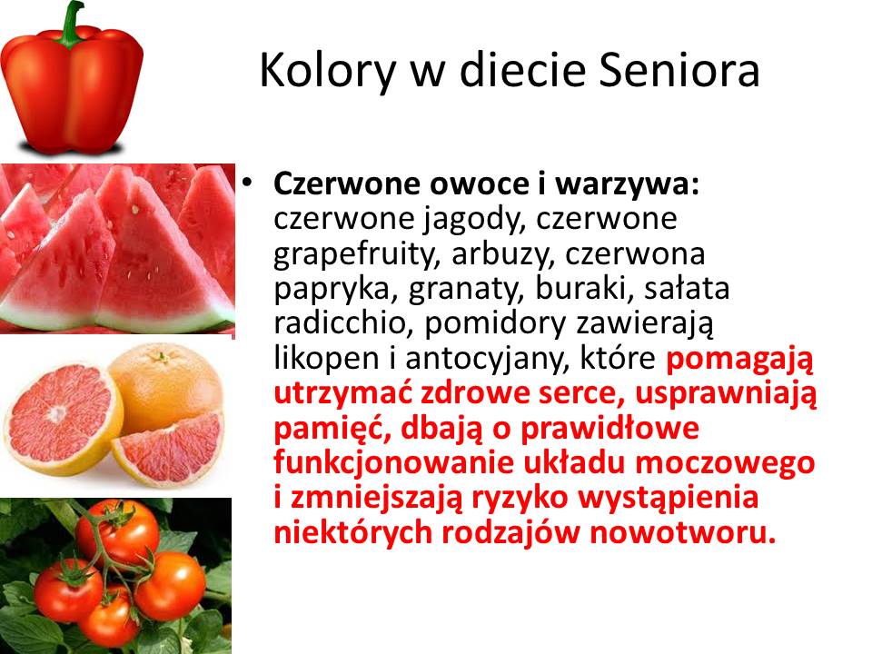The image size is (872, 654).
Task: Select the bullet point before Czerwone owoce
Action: click(x=247, y=182)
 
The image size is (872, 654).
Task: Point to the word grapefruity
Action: click(x=353, y=254)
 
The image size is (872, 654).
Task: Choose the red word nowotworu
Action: click(x=682, y=533)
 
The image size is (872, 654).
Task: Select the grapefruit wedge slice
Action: click(x=170, y=450)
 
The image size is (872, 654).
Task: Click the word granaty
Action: click(x=467, y=289)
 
